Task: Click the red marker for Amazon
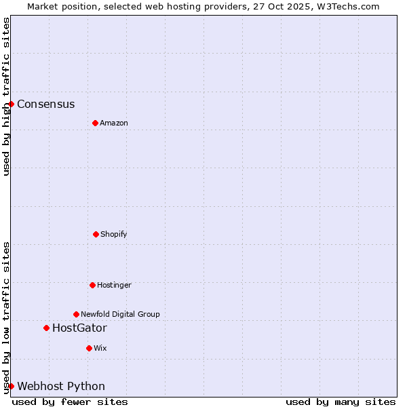tap(95, 123)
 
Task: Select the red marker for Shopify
tap(96, 234)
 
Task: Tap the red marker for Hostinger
tap(92, 285)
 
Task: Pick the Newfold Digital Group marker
tap(76, 314)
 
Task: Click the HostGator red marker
tap(46, 328)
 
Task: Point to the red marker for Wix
tap(89, 348)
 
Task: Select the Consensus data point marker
tap(12, 104)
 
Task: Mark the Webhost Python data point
tap(12, 386)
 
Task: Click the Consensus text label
tap(46, 104)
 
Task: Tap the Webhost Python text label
tap(61, 387)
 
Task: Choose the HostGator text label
tap(79, 328)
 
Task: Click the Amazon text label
tap(114, 123)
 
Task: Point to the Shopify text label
tap(114, 235)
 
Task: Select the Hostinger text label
tap(114, 286)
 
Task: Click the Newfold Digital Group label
tap(120, 315)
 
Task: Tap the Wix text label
tap(100, 349)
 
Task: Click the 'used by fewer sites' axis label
tap(70, 402)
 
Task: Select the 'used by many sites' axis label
tap(341, 402)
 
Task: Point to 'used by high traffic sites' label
tap(6, 96)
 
